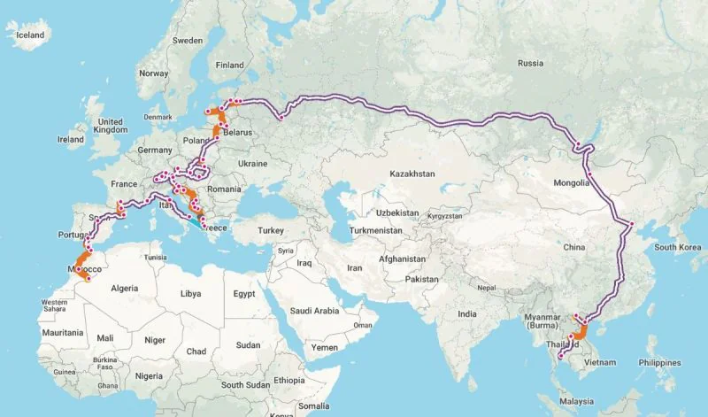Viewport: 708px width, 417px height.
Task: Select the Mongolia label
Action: [572, 182]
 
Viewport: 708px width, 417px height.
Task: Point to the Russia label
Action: [530, 63]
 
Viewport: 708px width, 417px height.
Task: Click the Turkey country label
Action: [270, 230]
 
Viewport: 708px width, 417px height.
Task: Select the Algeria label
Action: [124, 288]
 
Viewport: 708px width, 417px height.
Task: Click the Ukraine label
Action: [252, 163]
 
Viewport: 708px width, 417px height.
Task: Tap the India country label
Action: [468, 313]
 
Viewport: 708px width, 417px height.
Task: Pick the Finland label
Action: [230, 65]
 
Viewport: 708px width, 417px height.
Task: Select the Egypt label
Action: [244, 293]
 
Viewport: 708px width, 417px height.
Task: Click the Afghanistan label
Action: [403, 259]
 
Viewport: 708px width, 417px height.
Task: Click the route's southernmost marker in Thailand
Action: [560, 356]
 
